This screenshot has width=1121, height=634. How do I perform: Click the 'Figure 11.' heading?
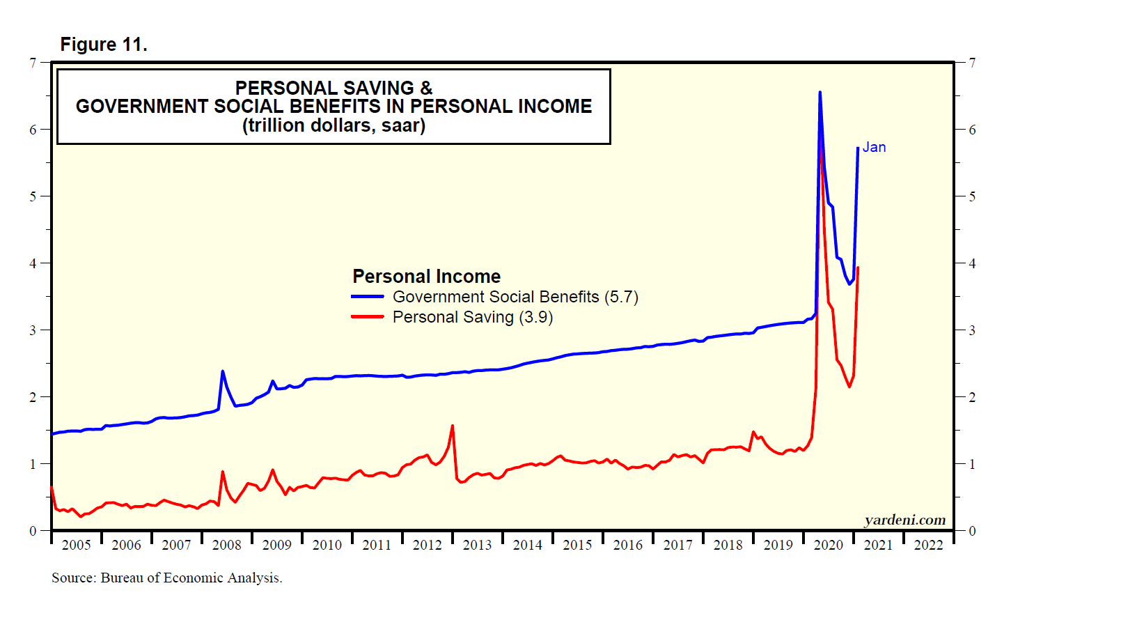point(104,45)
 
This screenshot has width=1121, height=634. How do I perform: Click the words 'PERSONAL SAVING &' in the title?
point(334,88)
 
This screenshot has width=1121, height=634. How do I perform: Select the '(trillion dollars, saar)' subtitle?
point(334,125)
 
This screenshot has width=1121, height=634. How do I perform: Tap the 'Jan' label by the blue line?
point(874,147)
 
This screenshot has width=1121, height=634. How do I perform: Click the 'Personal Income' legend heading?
point(426,277)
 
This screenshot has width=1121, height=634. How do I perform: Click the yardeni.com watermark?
point(904,520)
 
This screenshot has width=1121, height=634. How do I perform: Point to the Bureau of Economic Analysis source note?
point(167,578)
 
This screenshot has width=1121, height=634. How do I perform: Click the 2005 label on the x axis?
point(76,545)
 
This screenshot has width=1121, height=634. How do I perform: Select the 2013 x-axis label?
point(477,545)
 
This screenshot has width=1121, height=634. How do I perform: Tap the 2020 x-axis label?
point(828,545)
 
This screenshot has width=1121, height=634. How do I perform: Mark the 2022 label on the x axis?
point(928,545)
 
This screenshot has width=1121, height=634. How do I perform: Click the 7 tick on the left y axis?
point(33,63)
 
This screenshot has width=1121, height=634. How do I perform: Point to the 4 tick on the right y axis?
point(973,263)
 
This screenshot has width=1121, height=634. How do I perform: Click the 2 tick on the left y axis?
point(33,397)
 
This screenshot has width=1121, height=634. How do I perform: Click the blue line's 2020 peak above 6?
point(820,92)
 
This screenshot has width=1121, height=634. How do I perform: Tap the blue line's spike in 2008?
point(222,371)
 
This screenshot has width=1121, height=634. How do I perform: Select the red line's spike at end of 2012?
point(453,426)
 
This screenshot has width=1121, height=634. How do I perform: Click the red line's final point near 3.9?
point(858,268)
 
